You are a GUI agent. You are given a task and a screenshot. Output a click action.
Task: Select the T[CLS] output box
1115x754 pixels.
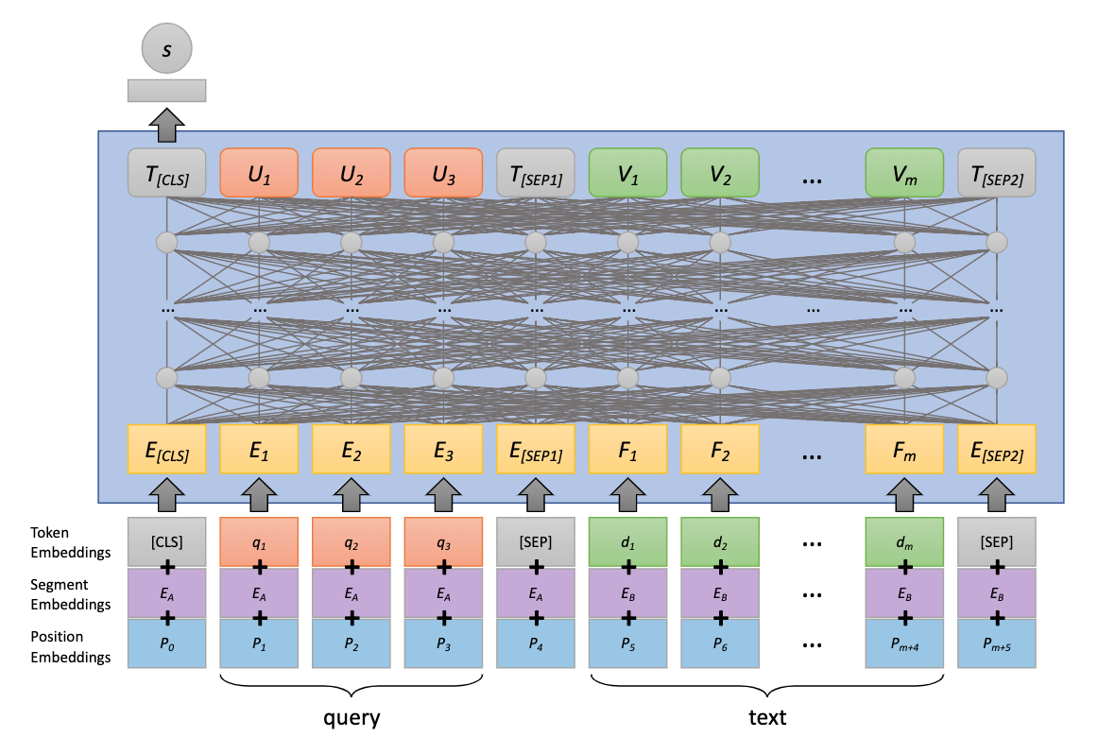click(166, 172)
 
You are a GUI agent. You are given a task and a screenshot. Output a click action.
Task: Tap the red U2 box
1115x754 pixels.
click(352, 172)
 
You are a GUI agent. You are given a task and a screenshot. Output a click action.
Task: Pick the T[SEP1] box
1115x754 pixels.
click(536, 172)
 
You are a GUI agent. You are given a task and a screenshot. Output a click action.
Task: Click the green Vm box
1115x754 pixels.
click(904, 172)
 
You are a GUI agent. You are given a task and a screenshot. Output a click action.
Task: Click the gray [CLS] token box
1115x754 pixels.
click(166, 541)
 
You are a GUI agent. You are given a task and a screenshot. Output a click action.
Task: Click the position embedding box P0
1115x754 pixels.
click(166, 643)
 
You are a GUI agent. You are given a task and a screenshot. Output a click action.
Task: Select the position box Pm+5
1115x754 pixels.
click(997, 643)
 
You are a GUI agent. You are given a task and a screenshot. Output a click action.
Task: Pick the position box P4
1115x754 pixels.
click(536, 643)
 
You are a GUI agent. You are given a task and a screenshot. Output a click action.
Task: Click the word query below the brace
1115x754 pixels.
click(352, 717)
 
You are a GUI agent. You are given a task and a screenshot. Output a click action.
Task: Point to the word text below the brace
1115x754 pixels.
click(766, 717)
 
